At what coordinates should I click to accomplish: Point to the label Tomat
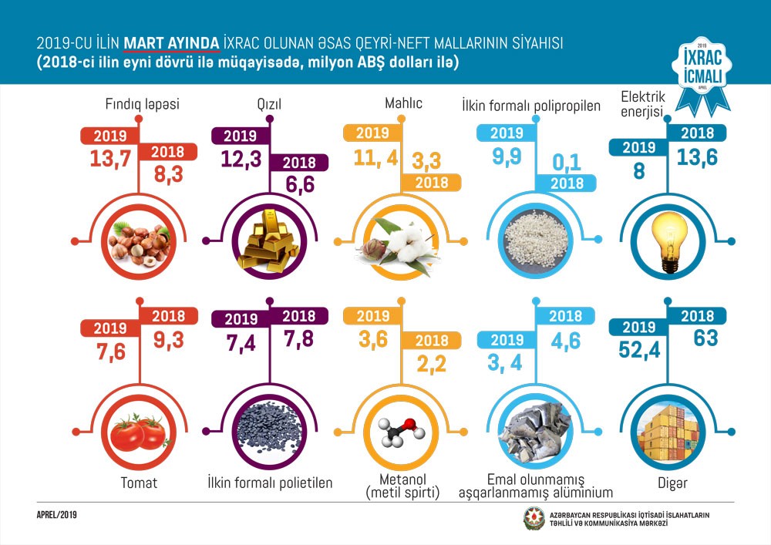click(139, 483)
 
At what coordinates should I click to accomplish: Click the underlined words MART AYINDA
click(172, 43)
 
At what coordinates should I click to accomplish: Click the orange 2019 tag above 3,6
click(373, 316)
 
